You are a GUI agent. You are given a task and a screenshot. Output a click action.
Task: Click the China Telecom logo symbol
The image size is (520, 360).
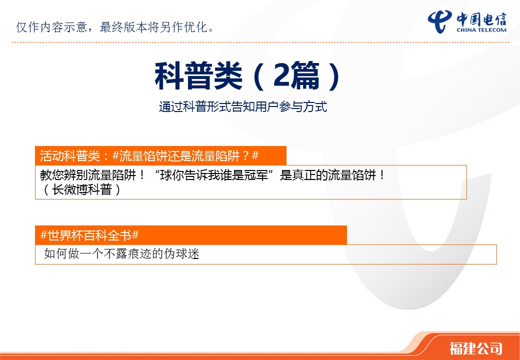click(440, 21)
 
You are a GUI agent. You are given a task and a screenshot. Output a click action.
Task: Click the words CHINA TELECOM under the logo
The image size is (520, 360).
click(481, 30)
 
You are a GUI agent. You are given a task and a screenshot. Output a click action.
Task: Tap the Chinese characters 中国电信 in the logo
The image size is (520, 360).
click(481, 18)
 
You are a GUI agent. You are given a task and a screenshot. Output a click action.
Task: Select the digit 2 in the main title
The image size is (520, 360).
click(281, 75)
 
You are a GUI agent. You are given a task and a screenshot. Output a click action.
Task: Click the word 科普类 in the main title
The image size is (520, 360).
click(198, 76)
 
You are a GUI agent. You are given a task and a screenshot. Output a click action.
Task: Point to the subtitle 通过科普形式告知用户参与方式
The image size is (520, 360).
click(243, 106)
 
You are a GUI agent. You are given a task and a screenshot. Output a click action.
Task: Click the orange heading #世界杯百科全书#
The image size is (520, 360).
click(89, 235)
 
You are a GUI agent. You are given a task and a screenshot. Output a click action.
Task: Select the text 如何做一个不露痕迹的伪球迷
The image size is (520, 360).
click(121, 254)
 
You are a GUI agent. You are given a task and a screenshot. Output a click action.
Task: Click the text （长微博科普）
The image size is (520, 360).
click(81, 189)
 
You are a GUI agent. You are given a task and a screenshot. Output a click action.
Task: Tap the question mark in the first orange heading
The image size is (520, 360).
click(245, 156)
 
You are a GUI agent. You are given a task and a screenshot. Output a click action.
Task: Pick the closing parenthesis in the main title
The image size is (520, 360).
click(333, 76)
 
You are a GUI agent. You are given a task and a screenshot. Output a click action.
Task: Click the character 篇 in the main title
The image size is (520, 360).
click(305, 76)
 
